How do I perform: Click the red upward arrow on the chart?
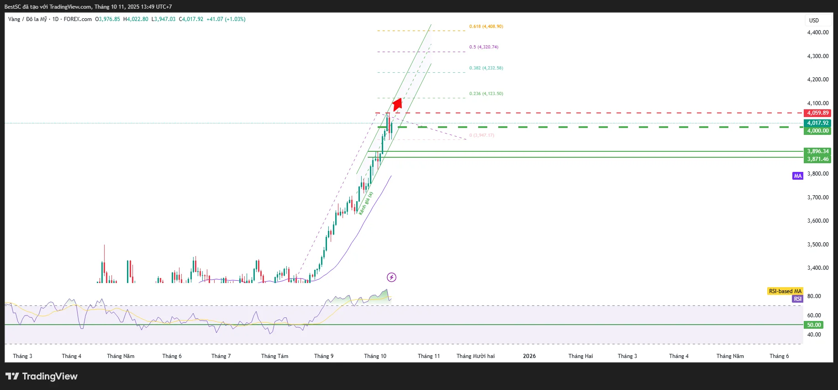tap(397, 105)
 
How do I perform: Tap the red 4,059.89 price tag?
tap(817, 113)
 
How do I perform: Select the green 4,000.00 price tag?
tap(817, 131)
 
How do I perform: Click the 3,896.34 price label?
tap(817, 151)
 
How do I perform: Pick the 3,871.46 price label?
tap(817, 159)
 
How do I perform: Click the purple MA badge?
tap(797, 176)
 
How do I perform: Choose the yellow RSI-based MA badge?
tap(785, 291)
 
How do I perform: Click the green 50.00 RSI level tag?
tap(813, 325)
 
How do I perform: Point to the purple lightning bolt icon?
tap(391, 277)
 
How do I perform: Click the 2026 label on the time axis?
tap(529, 356)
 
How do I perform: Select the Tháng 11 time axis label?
tap(428, 356)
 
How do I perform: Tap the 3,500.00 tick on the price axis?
tap(817, 245)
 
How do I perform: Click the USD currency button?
tap(814, 21)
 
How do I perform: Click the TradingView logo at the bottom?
tap(42, 376)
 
